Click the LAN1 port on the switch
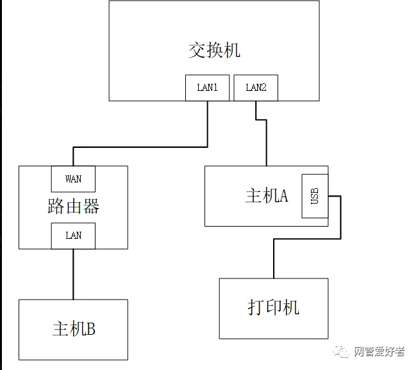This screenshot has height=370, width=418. click(x=207, y=88)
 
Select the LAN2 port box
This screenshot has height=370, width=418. click(x=256, y=88)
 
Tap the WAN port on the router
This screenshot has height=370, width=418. click(x=73, y=179)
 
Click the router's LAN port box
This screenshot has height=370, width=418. click(x=73, y=236)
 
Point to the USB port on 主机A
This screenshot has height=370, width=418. click(x=314, y=196)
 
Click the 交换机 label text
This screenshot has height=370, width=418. click(x=214, y=51)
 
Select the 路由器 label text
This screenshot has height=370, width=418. click(x=73, y=207)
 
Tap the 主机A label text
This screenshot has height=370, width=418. click(x=266, y=196)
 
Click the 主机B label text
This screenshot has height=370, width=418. click(x=73, y=329)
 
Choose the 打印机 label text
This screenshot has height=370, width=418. click(x=273, y=307)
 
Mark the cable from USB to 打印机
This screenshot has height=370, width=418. click(x=308, y=240)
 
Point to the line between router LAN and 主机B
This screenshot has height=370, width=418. click(x=73, y=274)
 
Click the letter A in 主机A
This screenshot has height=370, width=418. click(x=283, y=196)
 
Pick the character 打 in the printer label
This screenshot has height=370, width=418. click(x=256, y=307)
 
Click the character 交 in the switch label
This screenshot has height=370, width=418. click(x=197, y=51)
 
